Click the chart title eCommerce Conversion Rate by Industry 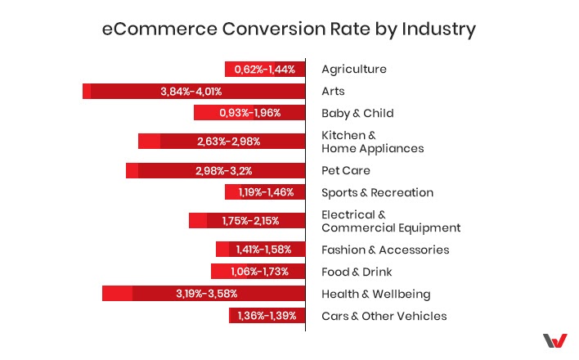click(289, 29)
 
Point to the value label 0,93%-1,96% click(249, 113)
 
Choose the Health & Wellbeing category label click(375, 294)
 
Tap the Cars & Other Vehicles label click(384, 316)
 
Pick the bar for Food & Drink click(258, 272)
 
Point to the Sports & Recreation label click(377, 192)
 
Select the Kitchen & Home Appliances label click(372, 142)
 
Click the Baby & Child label click(357, 113)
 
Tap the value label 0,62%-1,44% click(264, 70)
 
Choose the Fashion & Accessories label click(384, 250)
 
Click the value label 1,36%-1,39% click(267, 316)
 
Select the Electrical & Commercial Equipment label click(391, 221)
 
